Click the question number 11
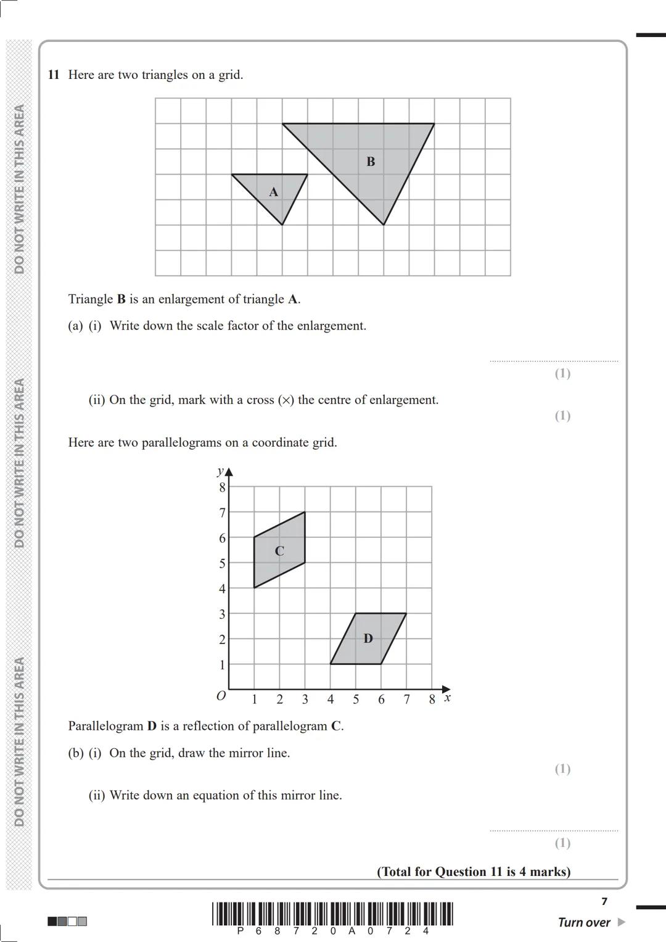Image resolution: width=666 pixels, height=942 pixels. tap(54, 75)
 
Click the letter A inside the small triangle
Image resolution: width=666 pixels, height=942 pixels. tap(273, 192)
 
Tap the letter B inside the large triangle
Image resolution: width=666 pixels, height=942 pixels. tap(371, 162)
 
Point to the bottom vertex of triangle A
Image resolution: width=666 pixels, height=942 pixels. tap(282, 225)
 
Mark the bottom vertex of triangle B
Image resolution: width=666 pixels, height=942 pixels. tap(384, 225)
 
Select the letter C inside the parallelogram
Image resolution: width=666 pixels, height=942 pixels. tap(279, 551)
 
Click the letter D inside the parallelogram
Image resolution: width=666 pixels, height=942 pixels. tap(368, 638)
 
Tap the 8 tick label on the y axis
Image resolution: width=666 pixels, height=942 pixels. tap(223, 487)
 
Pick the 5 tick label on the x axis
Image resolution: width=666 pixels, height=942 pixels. tap(356, 700)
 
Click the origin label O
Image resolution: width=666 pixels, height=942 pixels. tap(221, 696)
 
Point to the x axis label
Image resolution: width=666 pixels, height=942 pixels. tap(448, 698)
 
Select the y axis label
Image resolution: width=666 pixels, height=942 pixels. tap(220, 471)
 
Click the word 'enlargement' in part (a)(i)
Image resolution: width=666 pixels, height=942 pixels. tap(331, 326)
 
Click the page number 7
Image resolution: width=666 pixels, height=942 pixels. tap(604, 901)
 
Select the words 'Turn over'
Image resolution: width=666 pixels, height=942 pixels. tap(583, 922)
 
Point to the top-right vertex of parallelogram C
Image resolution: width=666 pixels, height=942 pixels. tap(305, 512)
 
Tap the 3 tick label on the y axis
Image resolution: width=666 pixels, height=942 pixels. tap(223, 614)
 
